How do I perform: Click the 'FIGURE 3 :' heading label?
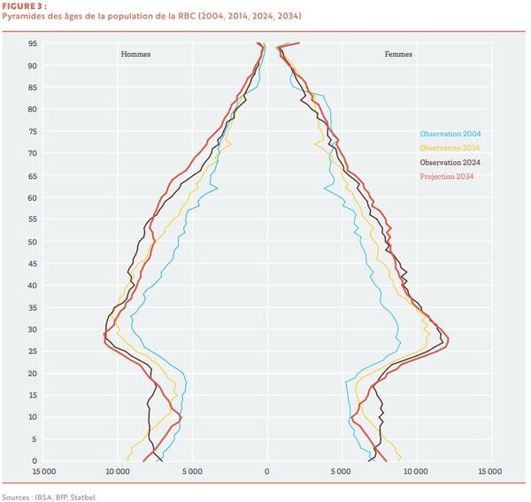[x=22, y=5]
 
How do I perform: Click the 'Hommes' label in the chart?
[x=135, y=54]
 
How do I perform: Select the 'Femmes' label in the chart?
[x=398, y=54]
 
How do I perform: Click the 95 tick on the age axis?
[x=32, y=43]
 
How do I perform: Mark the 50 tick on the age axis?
[x=32, y=242]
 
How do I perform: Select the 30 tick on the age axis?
[x=32, y=329]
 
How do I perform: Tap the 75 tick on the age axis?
[x=32, y=131]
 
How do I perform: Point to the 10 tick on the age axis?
[x=32, y=417]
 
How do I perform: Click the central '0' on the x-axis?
[x=266, y=471]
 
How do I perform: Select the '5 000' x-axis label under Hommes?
[x=192, y=471]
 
